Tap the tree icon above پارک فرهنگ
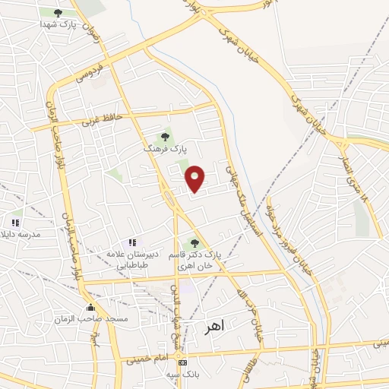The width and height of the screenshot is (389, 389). pyautogui.click(x=165, y=138)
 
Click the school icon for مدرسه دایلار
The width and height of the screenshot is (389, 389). pyautogui.click(x=15, y=223)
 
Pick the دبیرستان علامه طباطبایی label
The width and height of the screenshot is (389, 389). pyautogui.click(x=131, y=258)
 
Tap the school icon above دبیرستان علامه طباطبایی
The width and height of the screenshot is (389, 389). pyautogui.click(x=131, y=242)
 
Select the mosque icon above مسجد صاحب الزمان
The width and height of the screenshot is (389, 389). pyautogui.click(x=91, y=307)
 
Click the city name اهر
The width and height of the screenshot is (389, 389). pyautogui.click(x=216, y=327)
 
